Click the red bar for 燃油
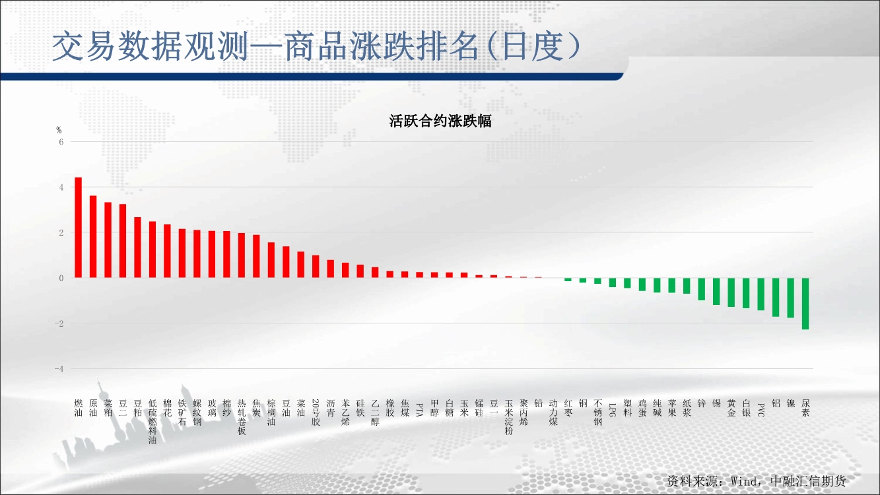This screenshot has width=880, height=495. (78, 228)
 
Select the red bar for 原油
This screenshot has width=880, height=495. (93, 236)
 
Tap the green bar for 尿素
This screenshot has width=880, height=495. (805, 304)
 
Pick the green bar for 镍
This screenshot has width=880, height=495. (790, 298)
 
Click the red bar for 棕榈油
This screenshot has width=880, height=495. (271, 260)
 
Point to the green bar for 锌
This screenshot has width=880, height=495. (701, 289)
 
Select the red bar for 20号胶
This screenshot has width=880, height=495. (316, 267)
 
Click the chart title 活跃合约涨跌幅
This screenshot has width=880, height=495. (440, 121)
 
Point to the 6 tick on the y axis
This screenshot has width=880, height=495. (61, 142)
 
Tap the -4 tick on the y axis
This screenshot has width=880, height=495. (59, 369)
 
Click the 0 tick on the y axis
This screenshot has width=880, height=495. (61, 278)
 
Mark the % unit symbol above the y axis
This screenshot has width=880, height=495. (59, 130)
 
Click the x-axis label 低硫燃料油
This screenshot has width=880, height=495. (152, 422)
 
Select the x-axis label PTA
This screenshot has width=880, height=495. (419, 410)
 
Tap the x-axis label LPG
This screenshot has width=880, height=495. (612, 410)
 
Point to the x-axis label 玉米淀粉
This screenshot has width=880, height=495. (509, 417)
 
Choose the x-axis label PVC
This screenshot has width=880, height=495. (761, 410)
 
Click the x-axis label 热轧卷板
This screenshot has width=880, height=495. (242, 417)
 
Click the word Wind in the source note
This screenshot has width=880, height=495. (743, 481)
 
